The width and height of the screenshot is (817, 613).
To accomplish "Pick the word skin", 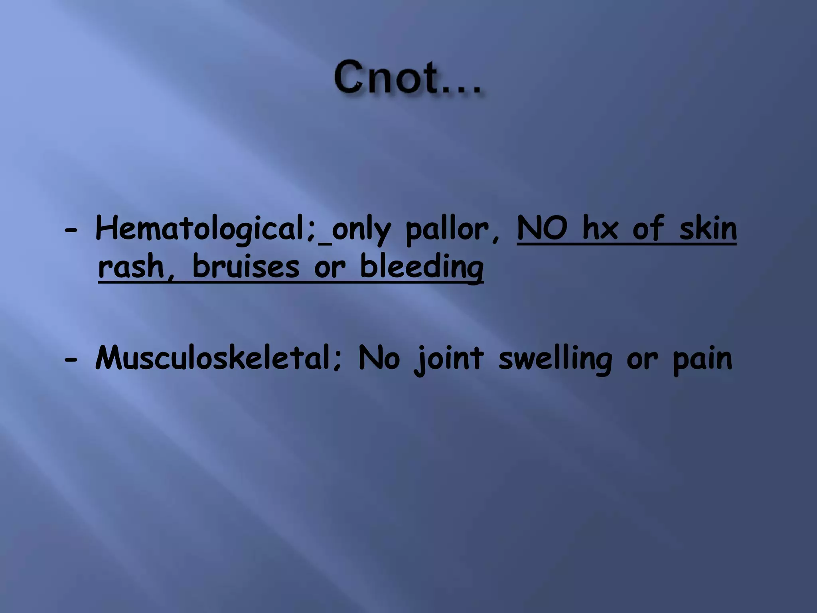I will click(x=708, y=229).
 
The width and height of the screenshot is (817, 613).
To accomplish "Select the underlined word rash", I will click(x=132, y=267).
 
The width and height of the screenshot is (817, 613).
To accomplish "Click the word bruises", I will click(x=245, y=267).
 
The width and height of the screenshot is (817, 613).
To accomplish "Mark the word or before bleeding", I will click(x=330, y=268).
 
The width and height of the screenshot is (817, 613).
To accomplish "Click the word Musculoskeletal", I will click(x=215, y=358).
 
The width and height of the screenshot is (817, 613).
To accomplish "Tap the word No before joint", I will click(x=379, y=358).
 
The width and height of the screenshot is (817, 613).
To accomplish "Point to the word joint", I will click(x=448, y=359).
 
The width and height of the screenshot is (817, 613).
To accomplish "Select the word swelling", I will click(x=555, y=359).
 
